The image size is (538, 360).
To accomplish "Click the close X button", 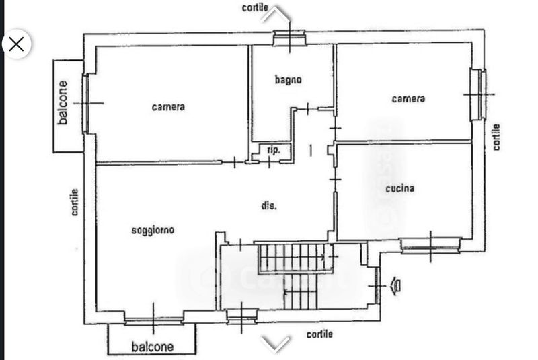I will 16,44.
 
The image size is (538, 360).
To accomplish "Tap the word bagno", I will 288,79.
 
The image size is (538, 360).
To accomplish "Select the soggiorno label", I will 153,230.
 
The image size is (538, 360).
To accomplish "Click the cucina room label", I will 399,188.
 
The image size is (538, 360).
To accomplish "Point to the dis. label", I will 269,206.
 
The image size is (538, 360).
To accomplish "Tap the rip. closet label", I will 274,150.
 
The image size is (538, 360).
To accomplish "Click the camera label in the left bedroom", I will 168,106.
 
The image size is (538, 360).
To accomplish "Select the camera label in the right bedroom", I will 408,98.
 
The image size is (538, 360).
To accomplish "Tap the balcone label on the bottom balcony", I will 152,347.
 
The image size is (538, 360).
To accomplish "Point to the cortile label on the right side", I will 496,137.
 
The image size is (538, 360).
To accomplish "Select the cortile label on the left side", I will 75,202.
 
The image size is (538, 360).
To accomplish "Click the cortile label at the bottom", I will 319,334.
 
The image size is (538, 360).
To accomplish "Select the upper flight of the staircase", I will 296,257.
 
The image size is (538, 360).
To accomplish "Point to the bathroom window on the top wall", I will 290,38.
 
